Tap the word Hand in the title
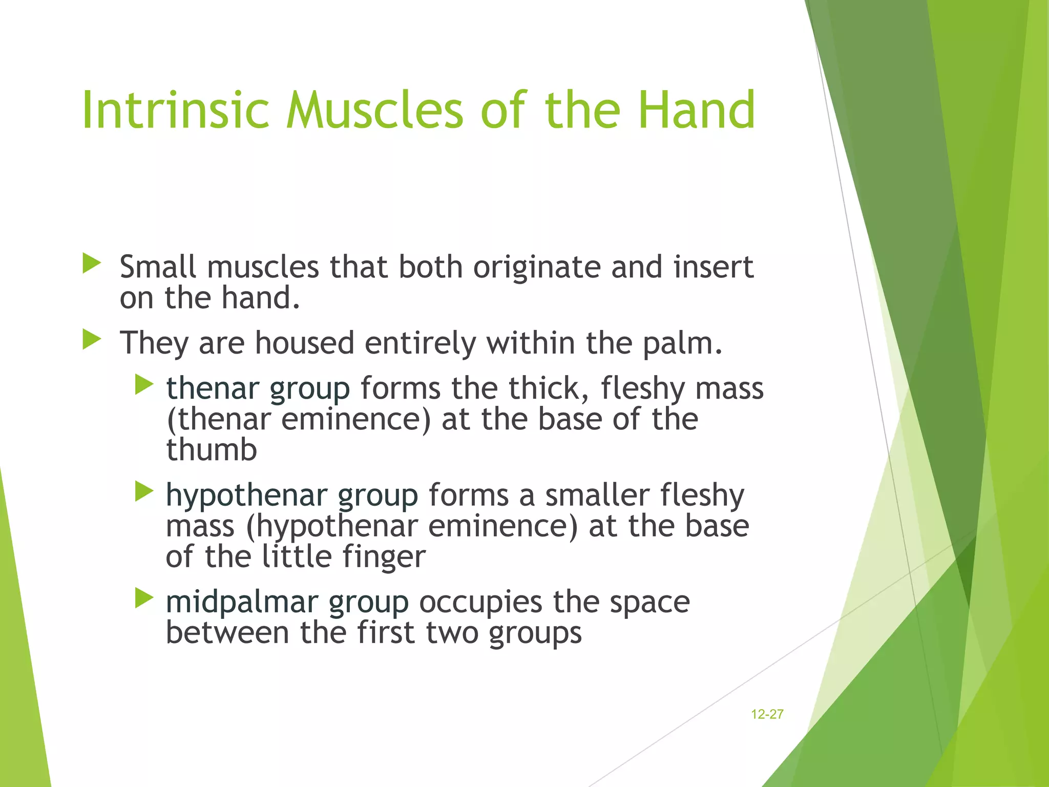pyautogui.click(x=697, y=110)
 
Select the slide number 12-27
pyautogui.click(x=767, y=714)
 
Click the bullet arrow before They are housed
pyautogui.click(x=92, y=340)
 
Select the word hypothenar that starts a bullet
pyautogui.click(x=246, y=496)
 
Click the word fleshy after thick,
pyautogui.click(x=642, y=388)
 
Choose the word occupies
pyautogui.click(x=480, y=603)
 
